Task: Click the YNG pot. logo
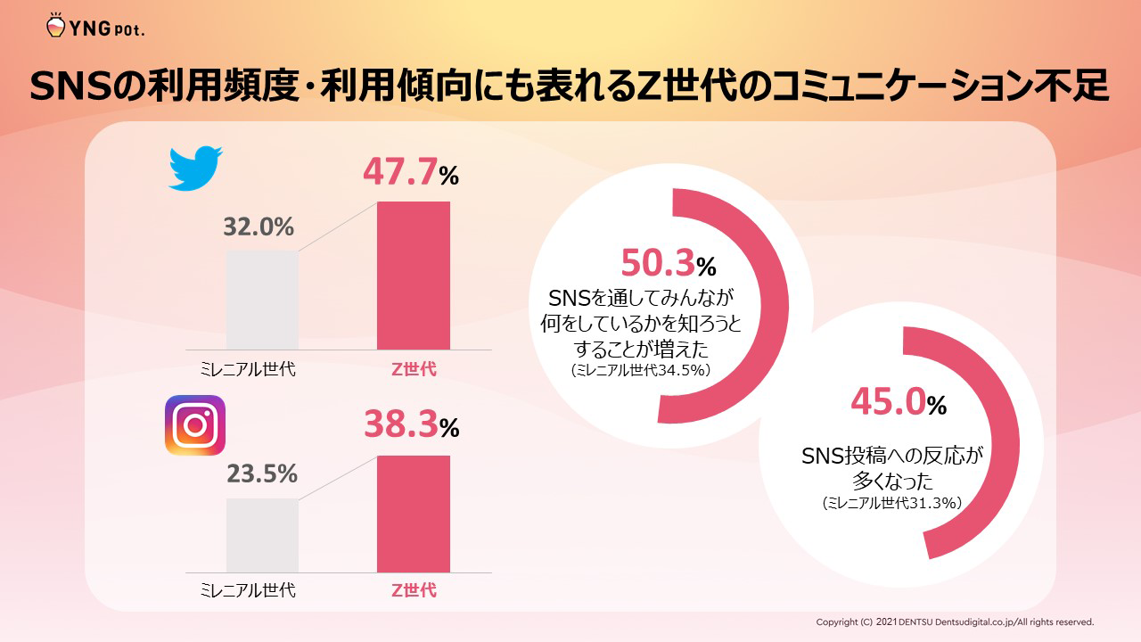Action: tap(94, 27)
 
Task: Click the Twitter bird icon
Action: tap(195, 169)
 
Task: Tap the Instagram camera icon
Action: tap(195, 425)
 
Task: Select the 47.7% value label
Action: tap(410, 173)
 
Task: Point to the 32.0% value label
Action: tap(259, 227)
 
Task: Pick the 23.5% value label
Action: tap(261, 474)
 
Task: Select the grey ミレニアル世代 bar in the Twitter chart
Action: tap(262, 300)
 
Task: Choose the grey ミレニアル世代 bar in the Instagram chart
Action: tap(262, 535)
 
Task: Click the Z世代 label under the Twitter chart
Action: tap(415, 369)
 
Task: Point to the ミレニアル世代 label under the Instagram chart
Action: tap(247, 590)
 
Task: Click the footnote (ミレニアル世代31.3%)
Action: tap(891, 504)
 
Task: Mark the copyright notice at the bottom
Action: tap(955, 621)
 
